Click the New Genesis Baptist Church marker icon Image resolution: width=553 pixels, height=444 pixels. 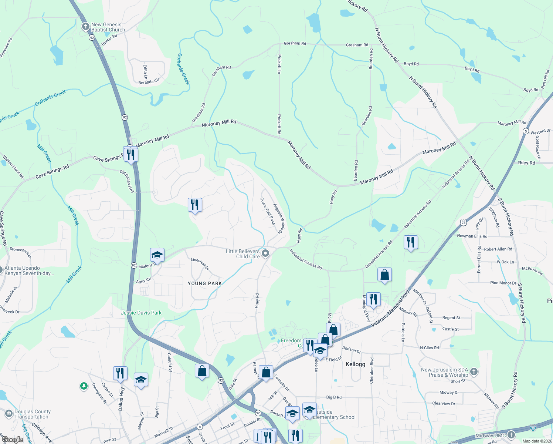coord(86,27)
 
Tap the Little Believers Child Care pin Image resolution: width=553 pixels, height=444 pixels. coord(265,253)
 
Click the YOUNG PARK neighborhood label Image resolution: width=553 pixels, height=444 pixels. coord(205,283)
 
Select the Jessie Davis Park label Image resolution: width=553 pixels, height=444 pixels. coord(141,313)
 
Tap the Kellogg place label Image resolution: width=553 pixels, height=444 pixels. coord(355,364)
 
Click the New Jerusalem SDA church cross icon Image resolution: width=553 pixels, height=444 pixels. coord(474,371)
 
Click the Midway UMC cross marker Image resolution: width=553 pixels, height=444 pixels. coord(511,435)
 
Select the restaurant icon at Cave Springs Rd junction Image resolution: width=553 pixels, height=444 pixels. coord(131,154)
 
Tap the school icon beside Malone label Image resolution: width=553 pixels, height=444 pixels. coord(157,255)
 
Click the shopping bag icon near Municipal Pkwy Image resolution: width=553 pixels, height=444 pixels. coord(384,275)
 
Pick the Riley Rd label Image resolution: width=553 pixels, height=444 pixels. coord(526,163)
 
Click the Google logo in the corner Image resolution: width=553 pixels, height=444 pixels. coord(12,440)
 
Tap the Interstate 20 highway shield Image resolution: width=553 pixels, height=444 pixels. coord(533,427)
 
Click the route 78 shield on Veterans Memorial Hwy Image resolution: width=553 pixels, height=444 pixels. coord(463,222)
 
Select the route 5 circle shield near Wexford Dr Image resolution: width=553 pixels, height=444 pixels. coord(526,131)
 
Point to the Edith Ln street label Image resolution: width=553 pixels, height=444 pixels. coord(145,72)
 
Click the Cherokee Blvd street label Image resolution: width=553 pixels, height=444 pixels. coord(372,370)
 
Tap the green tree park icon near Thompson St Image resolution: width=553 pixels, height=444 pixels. coord(84,386)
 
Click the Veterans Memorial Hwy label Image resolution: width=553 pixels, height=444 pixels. coord(390,308)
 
